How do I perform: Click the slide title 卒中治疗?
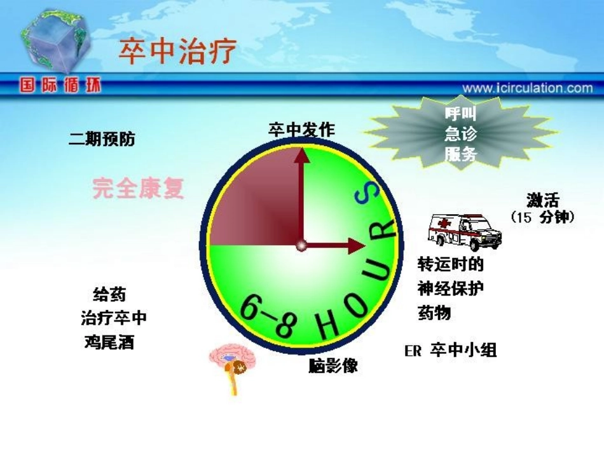[177, 50]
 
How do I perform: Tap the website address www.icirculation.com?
[527, 88]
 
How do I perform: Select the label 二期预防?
[102, 139]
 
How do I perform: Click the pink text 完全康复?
[139, 188]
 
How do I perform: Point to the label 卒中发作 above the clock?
[301, 130]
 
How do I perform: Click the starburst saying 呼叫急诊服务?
[461, 134]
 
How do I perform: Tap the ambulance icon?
[464, 231]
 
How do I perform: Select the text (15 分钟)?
[542, 217]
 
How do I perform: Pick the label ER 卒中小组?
[450, 350]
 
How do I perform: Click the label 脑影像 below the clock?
[333, 366]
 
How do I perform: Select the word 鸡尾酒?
[109, 342]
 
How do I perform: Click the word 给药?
[109, 294]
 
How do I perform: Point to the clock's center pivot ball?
[301, 245]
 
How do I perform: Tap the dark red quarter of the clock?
[254, 197]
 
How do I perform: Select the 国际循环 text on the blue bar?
[60, 86]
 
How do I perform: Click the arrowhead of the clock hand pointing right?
[357, 245]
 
